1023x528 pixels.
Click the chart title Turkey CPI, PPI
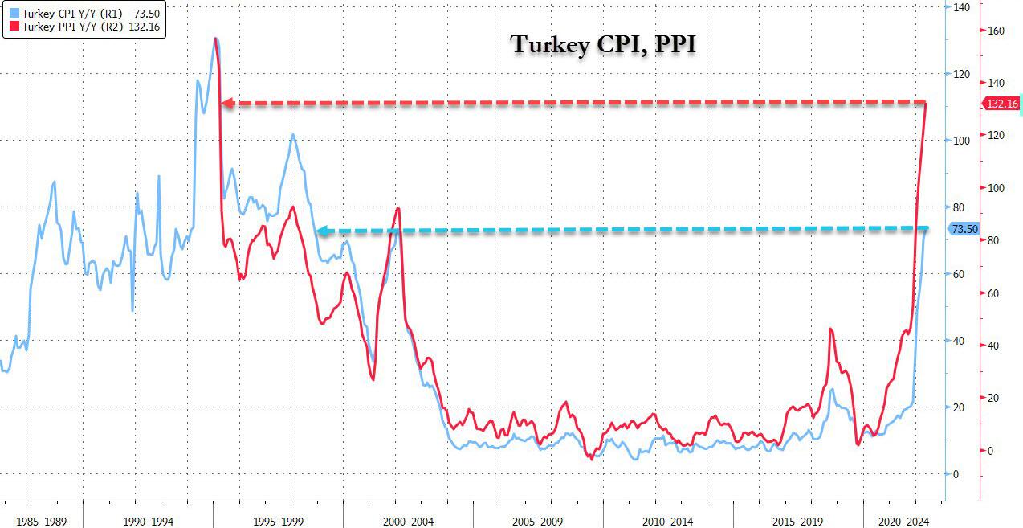[x=603, y=44]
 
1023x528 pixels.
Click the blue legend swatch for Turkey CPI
[x=14, y=14]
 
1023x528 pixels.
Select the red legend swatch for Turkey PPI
[x=14, y=26]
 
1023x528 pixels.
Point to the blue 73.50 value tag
[x=964, y=230]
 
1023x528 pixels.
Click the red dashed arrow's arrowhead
[x=227, y=104]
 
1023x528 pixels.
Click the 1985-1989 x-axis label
[x=42, y=522]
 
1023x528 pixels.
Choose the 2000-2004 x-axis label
[x=408, y=522]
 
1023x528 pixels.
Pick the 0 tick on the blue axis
[x=955, y=474]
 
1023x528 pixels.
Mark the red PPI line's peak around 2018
[x=830, y=329]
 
